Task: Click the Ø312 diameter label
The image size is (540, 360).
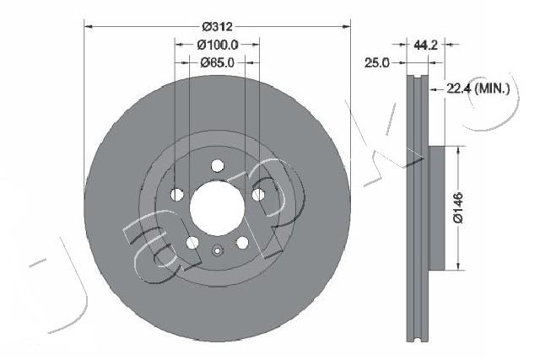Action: [217, 18]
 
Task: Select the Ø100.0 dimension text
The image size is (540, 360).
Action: [217, 45]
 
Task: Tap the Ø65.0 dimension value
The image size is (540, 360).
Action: [217, 62]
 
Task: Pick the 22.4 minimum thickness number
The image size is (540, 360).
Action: [456, 87]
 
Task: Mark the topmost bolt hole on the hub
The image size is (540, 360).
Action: [217, 165]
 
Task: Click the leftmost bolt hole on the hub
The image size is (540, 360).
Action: [177, 196]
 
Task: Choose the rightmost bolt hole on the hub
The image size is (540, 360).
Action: [258, 196]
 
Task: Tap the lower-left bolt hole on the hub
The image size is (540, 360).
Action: [192, 243]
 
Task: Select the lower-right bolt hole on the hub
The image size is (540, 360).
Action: [242, 243]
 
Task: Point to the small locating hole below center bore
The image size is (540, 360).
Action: [217, 250]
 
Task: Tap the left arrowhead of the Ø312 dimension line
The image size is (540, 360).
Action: [88, 25]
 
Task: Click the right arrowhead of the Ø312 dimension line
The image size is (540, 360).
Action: [346, 25]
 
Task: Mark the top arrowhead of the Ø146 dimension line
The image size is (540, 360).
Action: [458, 150]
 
